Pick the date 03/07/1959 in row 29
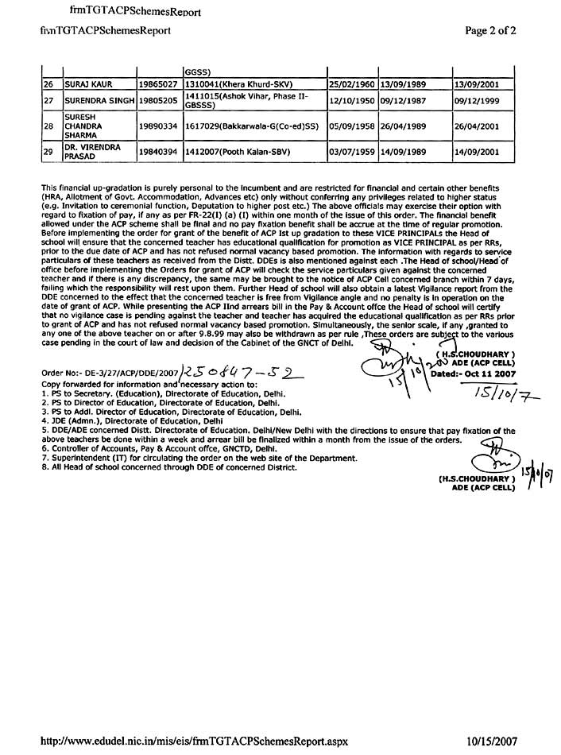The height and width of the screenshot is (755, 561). pyautogui.click(x=352, y=150)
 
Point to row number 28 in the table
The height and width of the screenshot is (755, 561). pyautogui.click(x=48, y=126)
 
